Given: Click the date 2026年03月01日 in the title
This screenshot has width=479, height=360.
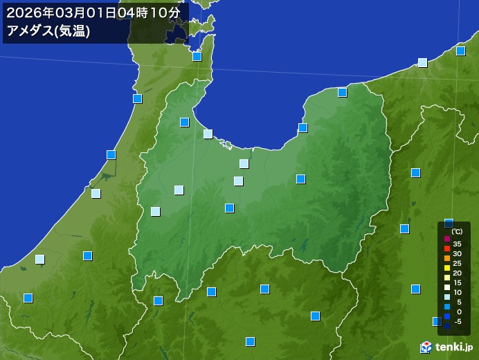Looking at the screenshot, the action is click(66, 12).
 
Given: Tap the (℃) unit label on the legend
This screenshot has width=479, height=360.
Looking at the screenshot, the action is click(457, 231).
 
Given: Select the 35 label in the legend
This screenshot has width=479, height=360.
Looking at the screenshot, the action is click(457, 244).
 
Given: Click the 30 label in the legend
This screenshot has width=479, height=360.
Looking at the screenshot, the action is click(457, 254).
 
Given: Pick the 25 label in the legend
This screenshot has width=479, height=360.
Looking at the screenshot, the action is click(457, 263).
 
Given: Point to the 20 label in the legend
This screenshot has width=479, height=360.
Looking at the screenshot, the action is click(457, 273).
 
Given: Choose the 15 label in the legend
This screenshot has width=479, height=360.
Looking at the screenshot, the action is click(457, 282).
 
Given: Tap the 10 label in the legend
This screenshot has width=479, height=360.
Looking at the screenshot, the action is click(457, 292).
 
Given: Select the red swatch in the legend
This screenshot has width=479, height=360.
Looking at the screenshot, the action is click(447, 249).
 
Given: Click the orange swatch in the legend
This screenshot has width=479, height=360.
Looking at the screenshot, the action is click(447, 258).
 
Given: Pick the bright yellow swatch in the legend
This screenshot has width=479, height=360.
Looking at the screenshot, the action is click(447, 268).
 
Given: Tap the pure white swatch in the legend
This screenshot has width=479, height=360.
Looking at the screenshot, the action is click(447, 287).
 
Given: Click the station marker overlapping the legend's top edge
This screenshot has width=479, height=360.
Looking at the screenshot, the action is click(449, 223).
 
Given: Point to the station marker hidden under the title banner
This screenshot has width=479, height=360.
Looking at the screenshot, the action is click(178, 31).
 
